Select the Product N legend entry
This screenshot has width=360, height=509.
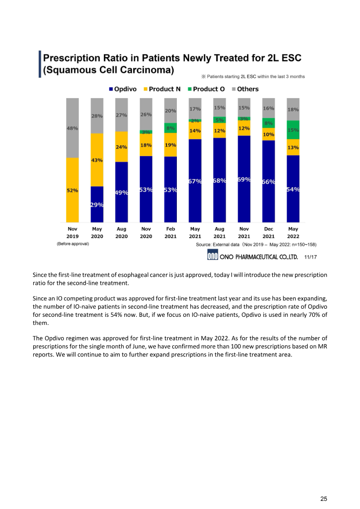click(162, 89)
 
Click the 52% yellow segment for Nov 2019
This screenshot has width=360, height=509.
click(72, 190)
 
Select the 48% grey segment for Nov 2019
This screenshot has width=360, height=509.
click(72, 128)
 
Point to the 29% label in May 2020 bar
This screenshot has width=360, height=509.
click(97, 205)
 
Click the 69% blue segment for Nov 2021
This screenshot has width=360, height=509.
click(244, 179)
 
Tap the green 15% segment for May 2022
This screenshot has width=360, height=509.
click(293, 130)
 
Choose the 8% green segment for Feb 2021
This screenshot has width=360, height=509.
click(171, 128)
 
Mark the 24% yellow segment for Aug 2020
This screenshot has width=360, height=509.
click(121, 147)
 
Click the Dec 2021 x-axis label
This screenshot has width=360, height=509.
click(268, 232)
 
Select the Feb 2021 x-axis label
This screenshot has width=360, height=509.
click(171, 232)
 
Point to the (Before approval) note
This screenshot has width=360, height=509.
click(73, 244)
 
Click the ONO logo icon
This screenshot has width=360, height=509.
click(212, 256)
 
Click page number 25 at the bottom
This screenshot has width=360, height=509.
click(324, 499)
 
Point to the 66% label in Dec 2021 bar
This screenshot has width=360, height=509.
click(269, 182)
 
